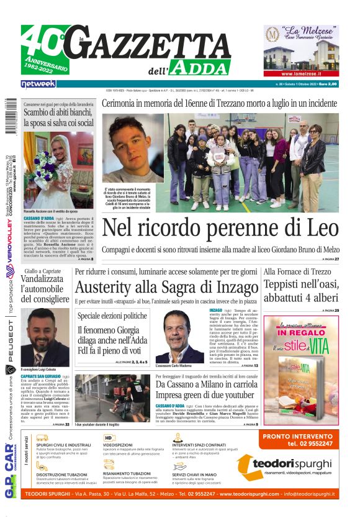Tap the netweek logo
38,84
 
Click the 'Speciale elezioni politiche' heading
112,316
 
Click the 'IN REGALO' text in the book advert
300,333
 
